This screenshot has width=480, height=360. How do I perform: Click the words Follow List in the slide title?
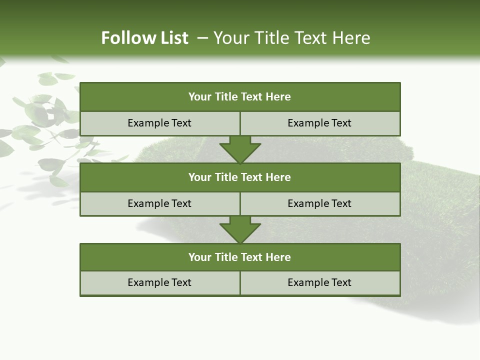144,38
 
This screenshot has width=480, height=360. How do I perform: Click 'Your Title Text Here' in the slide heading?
291,38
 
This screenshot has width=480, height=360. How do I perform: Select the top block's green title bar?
240,97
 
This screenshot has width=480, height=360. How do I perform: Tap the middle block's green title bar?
240,177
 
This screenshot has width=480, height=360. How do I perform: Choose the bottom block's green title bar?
240,257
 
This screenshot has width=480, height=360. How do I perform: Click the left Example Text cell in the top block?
159,123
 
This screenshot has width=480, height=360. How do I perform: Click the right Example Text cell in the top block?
319,123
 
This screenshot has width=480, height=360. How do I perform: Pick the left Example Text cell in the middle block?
159,203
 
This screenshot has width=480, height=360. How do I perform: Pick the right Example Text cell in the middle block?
319,203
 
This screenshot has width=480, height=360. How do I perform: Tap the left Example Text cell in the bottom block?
159,282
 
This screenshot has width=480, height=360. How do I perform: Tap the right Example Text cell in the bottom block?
319,282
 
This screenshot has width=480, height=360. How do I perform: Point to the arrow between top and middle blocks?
240,149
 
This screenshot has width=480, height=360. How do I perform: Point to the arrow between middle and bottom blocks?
240,229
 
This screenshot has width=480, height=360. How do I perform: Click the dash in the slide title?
202,38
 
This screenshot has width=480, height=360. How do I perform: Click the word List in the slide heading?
174,38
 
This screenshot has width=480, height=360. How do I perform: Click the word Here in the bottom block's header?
278,257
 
